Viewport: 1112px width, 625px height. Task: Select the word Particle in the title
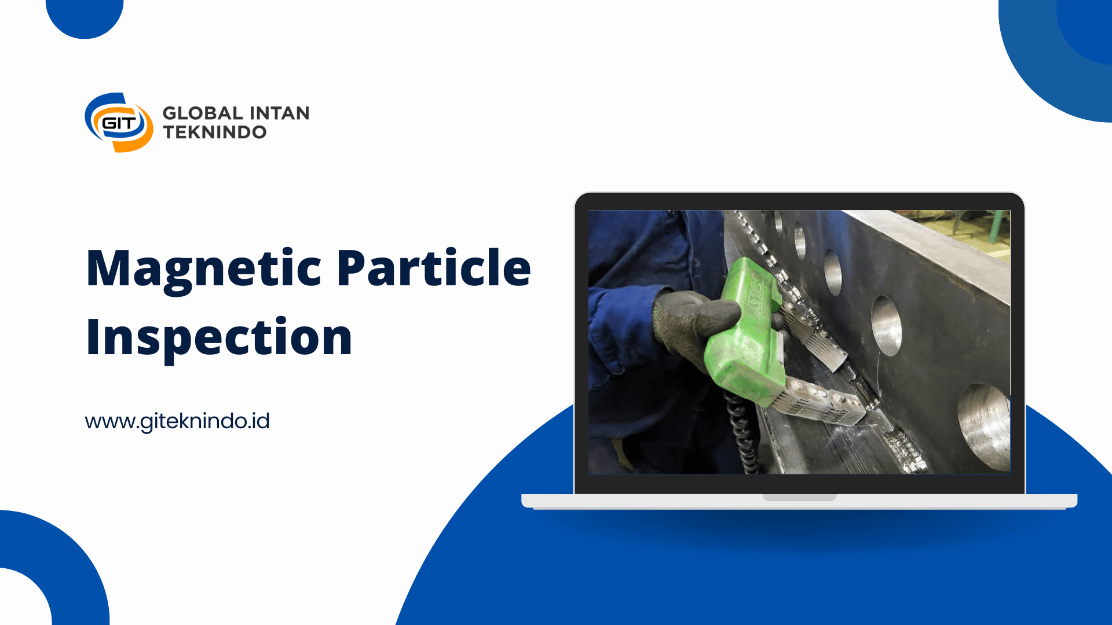click(x=434, y=267)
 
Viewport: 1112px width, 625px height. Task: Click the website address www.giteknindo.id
click(x=177, y=421)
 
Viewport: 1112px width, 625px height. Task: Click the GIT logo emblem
click(x=119, y=123)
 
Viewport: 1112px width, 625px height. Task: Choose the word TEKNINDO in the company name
click(x=215, y=133)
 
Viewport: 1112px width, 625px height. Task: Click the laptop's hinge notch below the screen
click(x=799, y=497)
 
